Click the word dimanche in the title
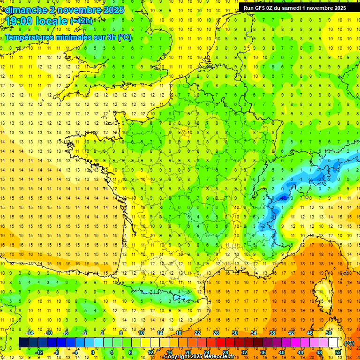26,9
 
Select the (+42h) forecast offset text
81,21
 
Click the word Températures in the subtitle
28,37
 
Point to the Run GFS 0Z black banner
295,7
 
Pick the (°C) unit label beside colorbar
349,343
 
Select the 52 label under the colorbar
338,352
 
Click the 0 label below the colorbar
92,352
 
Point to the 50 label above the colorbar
329,333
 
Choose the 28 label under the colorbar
225,352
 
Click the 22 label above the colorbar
197,333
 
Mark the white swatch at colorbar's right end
333,343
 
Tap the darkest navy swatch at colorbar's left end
23,343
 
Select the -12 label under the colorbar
39,352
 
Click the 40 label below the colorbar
282,352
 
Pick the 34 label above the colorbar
254,333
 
